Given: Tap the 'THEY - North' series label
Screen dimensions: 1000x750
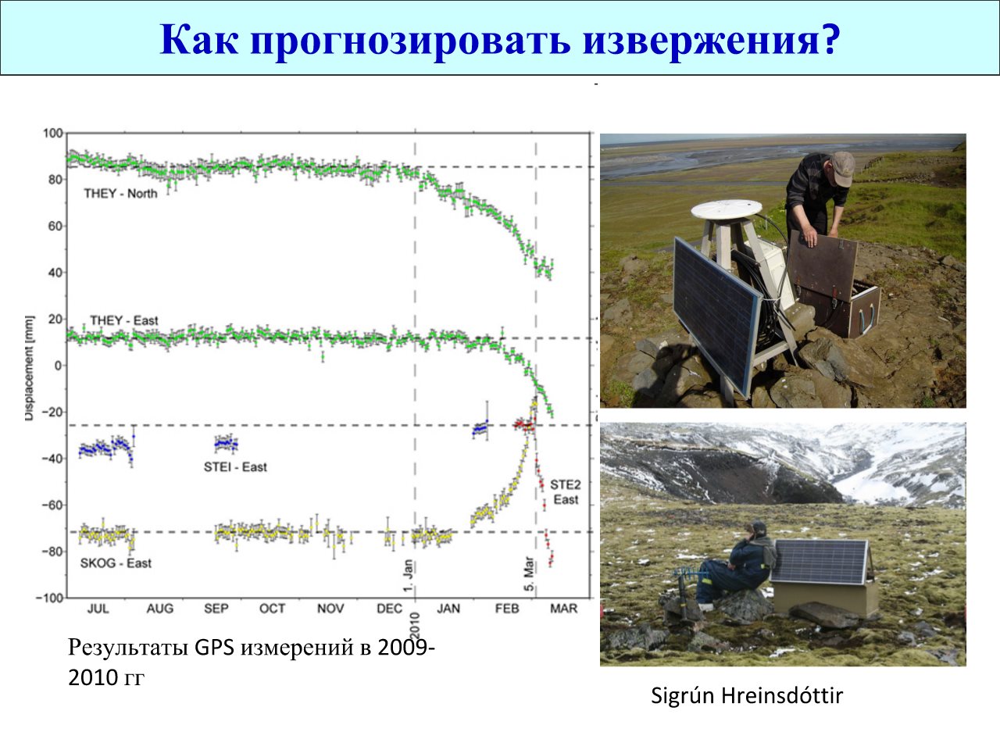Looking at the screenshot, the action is coord(120,194).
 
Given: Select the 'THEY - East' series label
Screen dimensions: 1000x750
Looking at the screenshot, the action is coord(124,320).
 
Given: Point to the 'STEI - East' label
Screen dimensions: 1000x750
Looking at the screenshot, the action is coord(235,467).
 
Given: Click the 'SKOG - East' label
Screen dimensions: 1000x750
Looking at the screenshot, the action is coord(116,563).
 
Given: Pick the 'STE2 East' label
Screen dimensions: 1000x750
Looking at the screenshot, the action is coord(566,492).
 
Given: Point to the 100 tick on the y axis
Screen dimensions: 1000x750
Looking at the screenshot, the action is coord(53,134).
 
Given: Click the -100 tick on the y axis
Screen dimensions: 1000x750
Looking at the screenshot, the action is coord(50,598).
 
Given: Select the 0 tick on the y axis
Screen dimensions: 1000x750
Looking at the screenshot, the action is coord(58,366).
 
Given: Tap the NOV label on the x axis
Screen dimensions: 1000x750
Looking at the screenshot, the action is coord(330,609).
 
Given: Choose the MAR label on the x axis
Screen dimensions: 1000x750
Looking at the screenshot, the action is coord(563,609).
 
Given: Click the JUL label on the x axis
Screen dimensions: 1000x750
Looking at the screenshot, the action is coord(98,609).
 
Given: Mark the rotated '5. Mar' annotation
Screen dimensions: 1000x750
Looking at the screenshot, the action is coord(529,573).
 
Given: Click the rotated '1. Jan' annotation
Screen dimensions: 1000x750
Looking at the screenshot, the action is coord(408,576).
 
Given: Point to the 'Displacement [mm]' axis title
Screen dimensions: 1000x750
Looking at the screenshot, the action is coord(29,368).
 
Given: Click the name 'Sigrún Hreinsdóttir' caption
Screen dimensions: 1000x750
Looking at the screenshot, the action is coord(747,696).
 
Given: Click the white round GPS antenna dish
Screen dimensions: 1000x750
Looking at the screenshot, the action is coord(726,209).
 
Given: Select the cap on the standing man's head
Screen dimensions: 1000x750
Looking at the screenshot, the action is coord(843,167).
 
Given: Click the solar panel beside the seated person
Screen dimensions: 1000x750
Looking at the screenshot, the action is coord(819,562).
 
